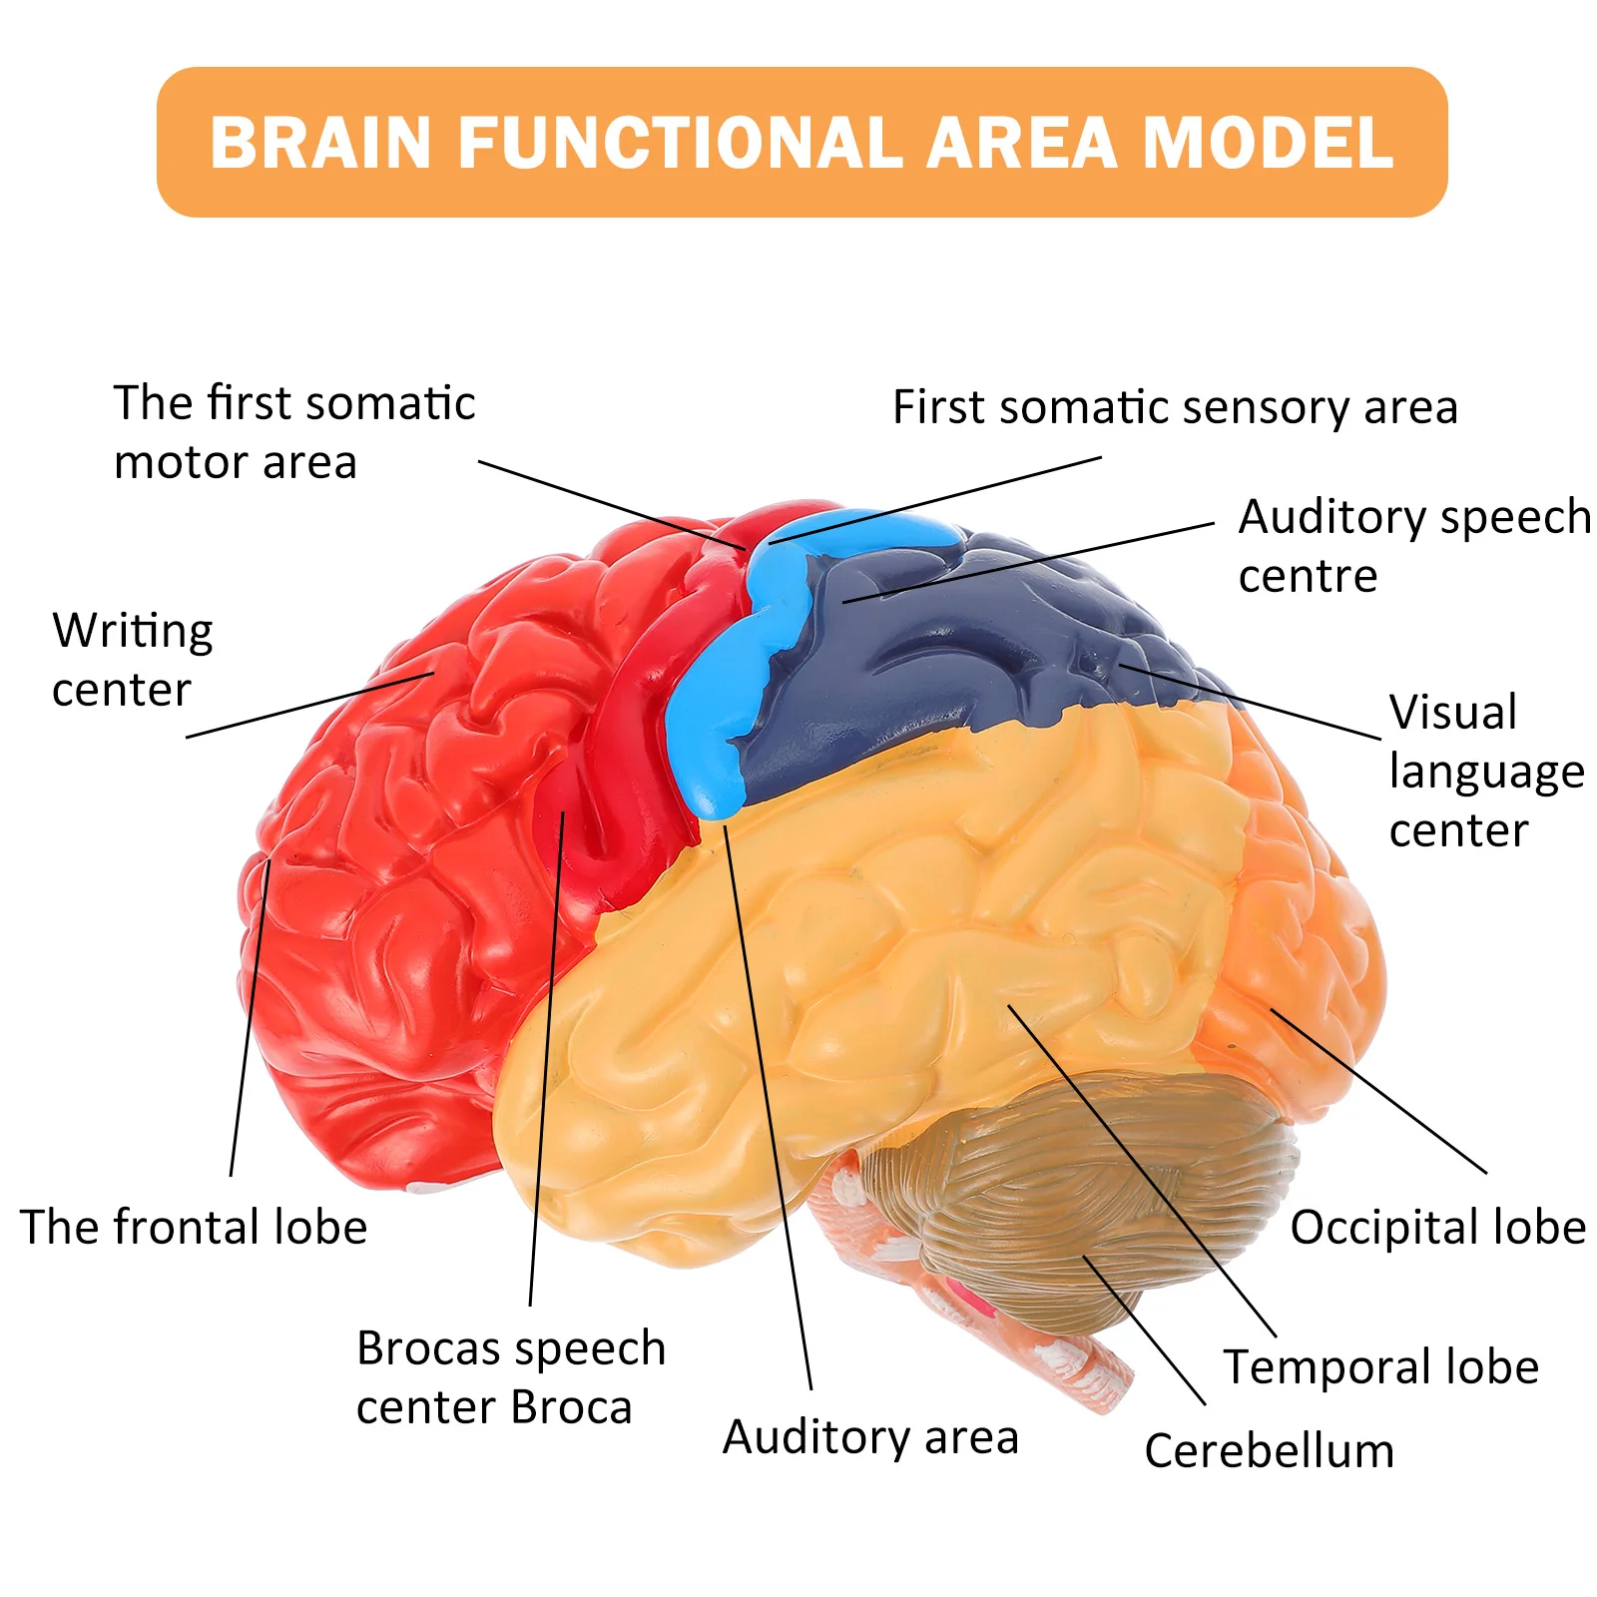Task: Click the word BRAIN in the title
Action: tap(320, 143)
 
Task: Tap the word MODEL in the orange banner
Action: tap(1267, 143)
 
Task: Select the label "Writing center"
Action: tap(132, 660)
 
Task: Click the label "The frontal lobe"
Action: tap(194, 1227)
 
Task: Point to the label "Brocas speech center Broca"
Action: tap(510, 1377)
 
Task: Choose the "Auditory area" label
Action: tap(870, 1437)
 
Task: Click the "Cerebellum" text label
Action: tap(1269, 1450)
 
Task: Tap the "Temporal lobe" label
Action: tap(1381, 1366)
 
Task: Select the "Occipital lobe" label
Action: tap(1437, 1227)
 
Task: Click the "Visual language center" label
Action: tap(1485, 771)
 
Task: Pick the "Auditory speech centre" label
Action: tap(1413, 546)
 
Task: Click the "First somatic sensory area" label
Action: tap(1175, 407)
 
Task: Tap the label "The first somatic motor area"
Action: tap(293, 432)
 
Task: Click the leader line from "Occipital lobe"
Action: tap(1377, 1091)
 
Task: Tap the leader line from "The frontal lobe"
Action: tap(250, 1018)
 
